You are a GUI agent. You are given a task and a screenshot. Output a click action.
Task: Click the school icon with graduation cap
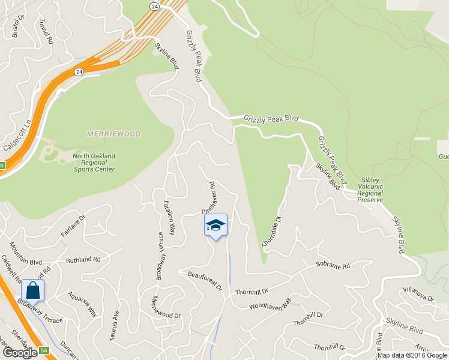click(x=215, y=226)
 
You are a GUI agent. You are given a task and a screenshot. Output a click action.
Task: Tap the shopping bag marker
click(x=34, y=290)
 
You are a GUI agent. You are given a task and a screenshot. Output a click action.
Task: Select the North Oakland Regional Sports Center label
click(x=94, y=163)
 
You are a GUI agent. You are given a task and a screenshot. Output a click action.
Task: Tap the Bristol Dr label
click(x=16, y=27)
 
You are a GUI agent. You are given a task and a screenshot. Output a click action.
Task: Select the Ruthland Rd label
click(x=83, y=260)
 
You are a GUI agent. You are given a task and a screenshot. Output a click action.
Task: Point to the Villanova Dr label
click(x=418, y=295)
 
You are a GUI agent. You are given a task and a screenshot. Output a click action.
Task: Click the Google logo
click(x=20, y=353)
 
